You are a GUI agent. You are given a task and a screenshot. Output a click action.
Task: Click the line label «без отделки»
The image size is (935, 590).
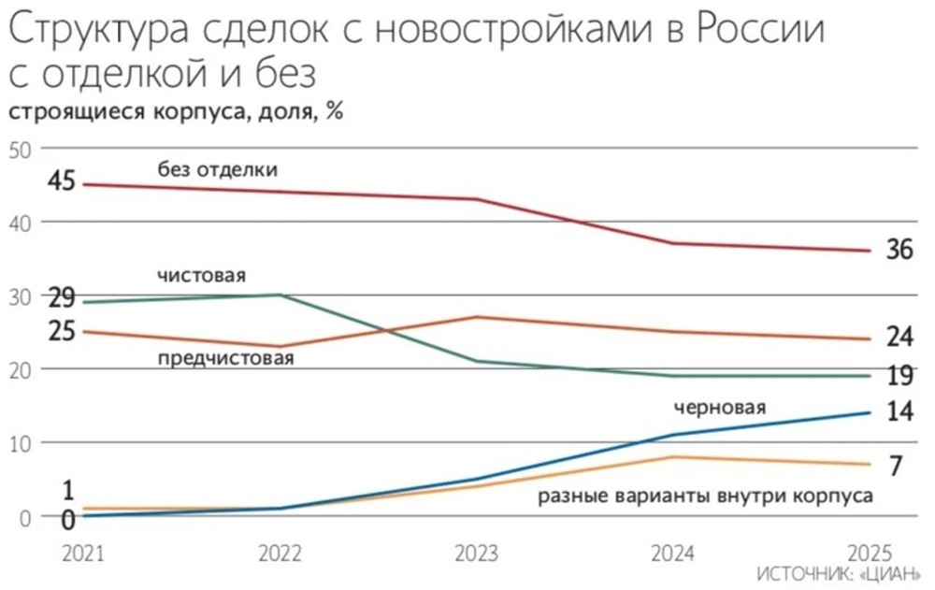[x=218, y=169]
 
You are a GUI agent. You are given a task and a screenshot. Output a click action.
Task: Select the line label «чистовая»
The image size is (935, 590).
[x=201, y=276]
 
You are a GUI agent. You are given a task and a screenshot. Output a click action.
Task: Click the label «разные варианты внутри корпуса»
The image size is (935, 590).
[x=705, y=496]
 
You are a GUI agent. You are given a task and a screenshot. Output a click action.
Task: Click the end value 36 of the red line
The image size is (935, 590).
[x=899, y=252]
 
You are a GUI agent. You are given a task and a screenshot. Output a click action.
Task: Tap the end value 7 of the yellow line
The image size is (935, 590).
[x=895, y=466]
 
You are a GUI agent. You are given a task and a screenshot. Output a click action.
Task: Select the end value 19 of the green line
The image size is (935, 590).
[x=899, y=376]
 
